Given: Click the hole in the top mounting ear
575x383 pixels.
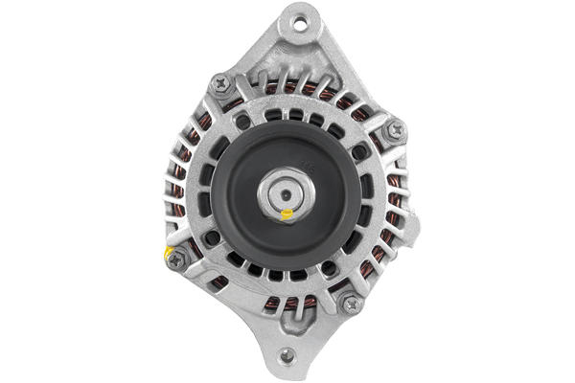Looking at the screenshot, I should coord(301,19).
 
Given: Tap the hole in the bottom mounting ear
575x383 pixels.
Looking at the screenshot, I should coord(285,356).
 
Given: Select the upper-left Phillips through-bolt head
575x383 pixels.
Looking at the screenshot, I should coord(221,84).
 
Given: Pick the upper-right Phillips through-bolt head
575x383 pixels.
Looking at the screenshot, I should coord(394,130).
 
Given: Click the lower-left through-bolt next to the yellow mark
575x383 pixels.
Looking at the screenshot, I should coord(176,259).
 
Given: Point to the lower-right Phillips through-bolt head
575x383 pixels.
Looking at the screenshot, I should coord(351,304).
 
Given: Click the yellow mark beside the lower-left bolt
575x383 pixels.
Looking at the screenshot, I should coord(169,252).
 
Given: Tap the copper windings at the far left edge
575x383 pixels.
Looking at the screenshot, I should coord(176,191).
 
